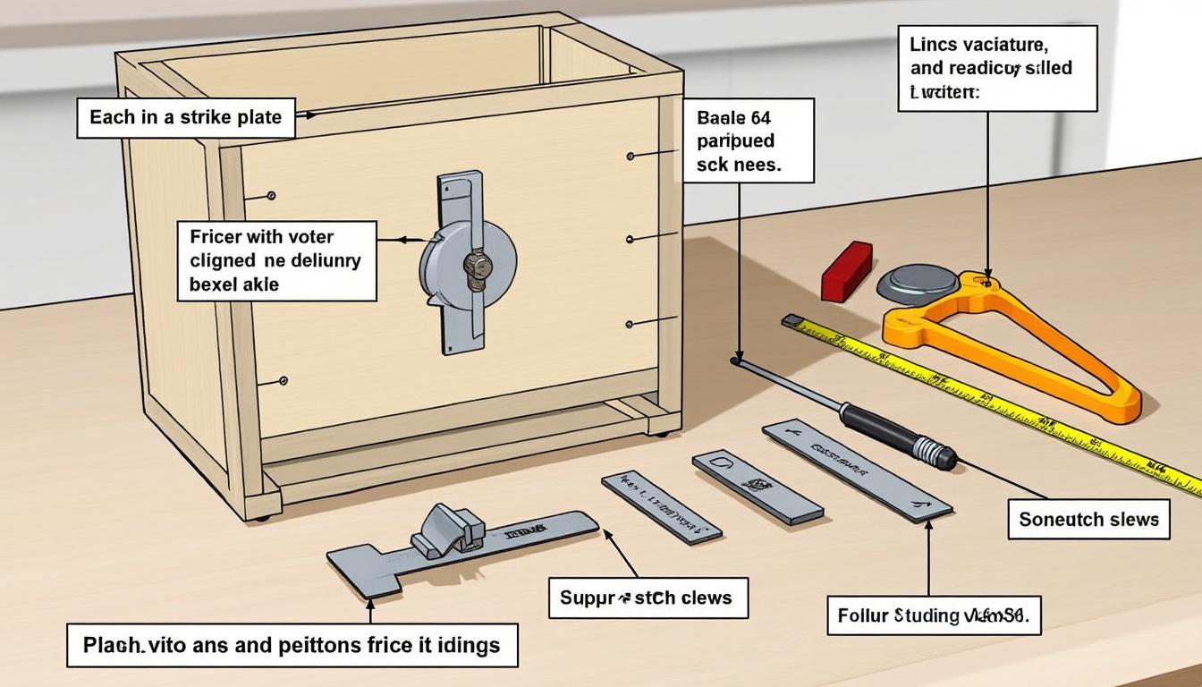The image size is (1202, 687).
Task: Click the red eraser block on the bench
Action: point(846,270)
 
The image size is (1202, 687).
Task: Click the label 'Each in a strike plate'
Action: point(185,117)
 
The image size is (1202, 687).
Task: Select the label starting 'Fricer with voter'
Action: point(275,260)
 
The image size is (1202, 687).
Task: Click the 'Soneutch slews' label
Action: point(1088,519)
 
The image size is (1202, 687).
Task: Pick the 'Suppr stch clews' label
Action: point(648,597)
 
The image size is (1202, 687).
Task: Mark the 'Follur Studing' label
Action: point(934,615)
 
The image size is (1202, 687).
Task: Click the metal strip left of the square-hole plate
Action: point(661,506)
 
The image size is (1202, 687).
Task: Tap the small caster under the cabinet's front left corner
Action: point(261,517)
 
